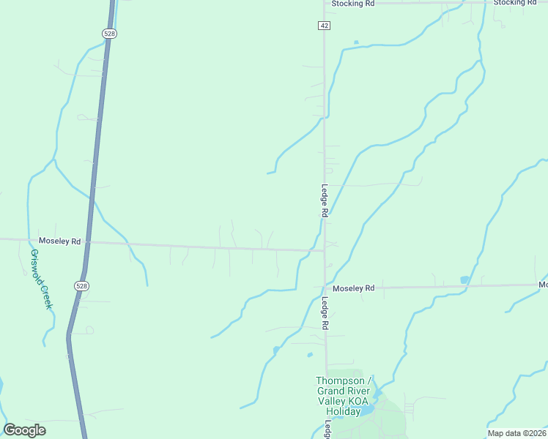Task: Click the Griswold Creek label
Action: click(x=40, y=279)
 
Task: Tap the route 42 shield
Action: click(x=324, y=26)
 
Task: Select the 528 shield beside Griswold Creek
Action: click(x=81, y=285)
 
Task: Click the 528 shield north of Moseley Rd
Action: click(x=109, y=34)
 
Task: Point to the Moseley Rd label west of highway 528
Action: click(x=59, y=241)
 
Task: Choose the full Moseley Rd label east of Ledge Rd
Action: click(x=353, y=288)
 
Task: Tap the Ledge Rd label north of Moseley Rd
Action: click(x=323, y=200)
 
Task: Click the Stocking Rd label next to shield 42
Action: click(x=352, y=4)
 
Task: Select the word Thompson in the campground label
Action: click(x=339, y=380)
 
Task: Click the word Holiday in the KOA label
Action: click(x=343, y=411)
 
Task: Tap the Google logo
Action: click(x=25, y=430)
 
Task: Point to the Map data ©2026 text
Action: click(x=516, y=433)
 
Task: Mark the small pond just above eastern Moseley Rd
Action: click(x=464, y=279)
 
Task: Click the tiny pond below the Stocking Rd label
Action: click(x=356, y=42)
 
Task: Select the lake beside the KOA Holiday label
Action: click(x=368, y=408)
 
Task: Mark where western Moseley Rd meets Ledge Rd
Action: click(x=325, y=251)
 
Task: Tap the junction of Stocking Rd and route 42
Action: click(x=325, y=4)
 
